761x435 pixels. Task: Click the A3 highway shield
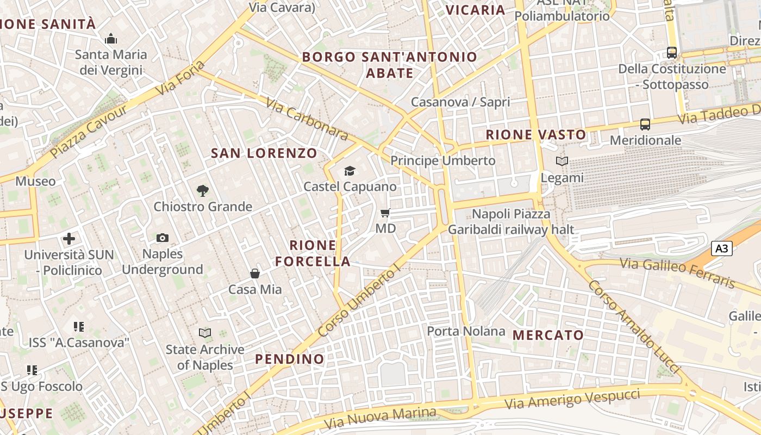point(721,248)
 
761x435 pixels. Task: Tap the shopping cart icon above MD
point(385,213)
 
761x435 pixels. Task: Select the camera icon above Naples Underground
point(162,238)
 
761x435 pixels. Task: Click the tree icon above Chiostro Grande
point(203,190)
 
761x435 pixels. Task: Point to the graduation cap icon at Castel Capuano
point(349,171)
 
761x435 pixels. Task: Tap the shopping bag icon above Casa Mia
point(254,273)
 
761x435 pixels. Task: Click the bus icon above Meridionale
point(645,125)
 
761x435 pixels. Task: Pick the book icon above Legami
point(562,161)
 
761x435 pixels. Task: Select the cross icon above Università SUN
point(69,238)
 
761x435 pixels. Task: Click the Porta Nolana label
point(466,331)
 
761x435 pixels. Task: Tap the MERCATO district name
point(548,335)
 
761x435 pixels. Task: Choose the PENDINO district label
point(290,359)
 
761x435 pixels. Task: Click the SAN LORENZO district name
point(264,153)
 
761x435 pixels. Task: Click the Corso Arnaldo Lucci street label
point(634,327)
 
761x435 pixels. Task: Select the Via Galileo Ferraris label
point(678,273)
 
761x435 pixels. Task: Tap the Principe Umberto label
point(443,161)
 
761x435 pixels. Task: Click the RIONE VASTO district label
point(536,135)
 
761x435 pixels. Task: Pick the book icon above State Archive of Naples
point(205,333)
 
